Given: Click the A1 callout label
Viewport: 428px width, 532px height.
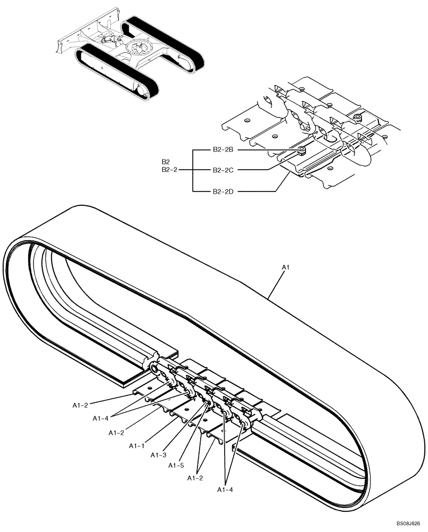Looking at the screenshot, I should tap(285, 267).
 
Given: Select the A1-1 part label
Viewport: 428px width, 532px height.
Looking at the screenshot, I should tap(136, 446).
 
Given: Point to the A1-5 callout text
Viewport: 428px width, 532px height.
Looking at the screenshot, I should tap(176, 465).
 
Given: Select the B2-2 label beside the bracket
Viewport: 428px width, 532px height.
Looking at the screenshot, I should tap(169, 170).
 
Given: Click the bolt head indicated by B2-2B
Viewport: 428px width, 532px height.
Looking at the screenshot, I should tap(301, 149).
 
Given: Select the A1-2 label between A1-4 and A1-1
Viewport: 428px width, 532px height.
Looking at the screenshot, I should tap(117, 433).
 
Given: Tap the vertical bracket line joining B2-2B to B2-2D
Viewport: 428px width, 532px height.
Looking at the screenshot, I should tap(192, 170).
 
